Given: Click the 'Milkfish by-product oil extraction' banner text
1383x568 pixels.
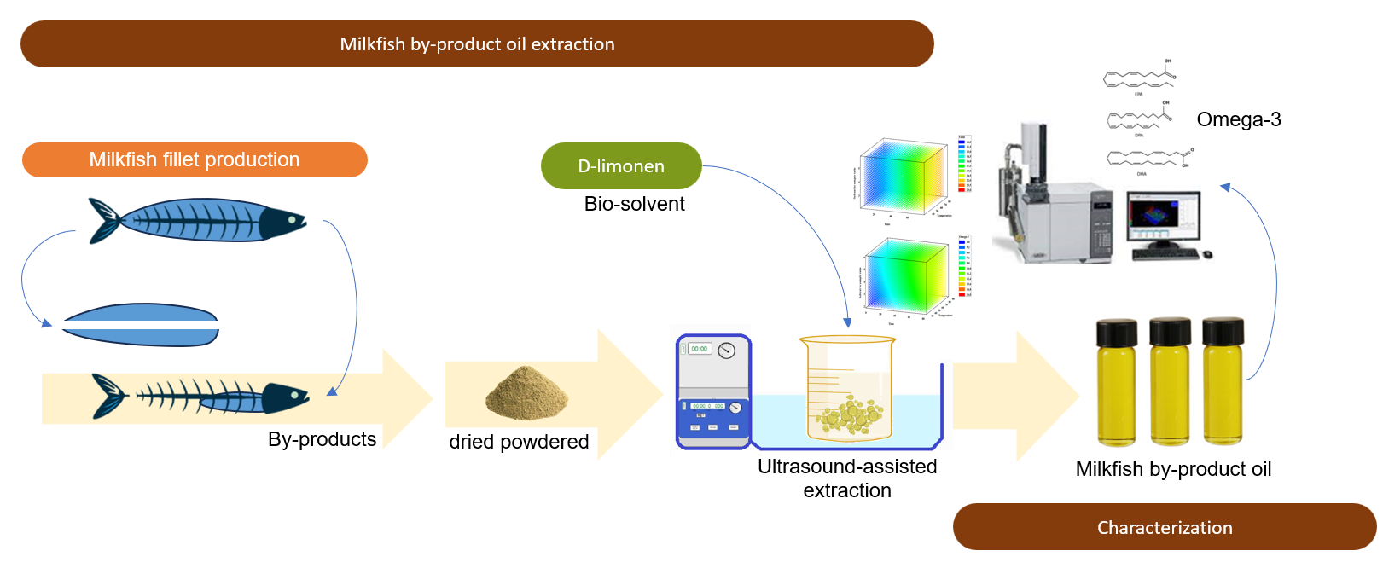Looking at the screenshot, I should [x=477, y=44].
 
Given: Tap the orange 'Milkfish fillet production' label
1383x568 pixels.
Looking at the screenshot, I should [x=195, y=159].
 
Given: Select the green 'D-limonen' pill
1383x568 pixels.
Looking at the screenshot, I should [x=621, y=166].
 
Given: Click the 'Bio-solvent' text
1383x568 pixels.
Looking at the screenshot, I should [x=634, y=204].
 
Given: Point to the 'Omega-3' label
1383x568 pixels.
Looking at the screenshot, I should [x=1238, y=119].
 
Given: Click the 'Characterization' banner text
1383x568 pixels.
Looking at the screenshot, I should [x=1165, y=528].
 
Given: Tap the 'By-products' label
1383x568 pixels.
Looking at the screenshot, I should [x=322, y=439].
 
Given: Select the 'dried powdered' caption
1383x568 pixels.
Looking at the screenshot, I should [x=519, y=442].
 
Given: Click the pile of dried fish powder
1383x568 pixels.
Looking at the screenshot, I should [x=526, y=394].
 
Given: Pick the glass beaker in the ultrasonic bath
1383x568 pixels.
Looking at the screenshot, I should [x=846, y=388].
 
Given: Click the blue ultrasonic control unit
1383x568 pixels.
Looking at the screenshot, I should [x=713, y=391].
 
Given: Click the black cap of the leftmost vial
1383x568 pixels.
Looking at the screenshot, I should [x=1117, y=332].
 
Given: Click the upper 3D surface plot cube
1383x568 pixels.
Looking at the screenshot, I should [x=904, y=176].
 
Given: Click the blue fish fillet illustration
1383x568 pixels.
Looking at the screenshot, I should [x=141, y=325].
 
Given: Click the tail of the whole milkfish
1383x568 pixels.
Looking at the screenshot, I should [x=104, y=221].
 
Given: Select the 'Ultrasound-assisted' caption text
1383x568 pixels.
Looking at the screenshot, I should [x=846, y=467].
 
